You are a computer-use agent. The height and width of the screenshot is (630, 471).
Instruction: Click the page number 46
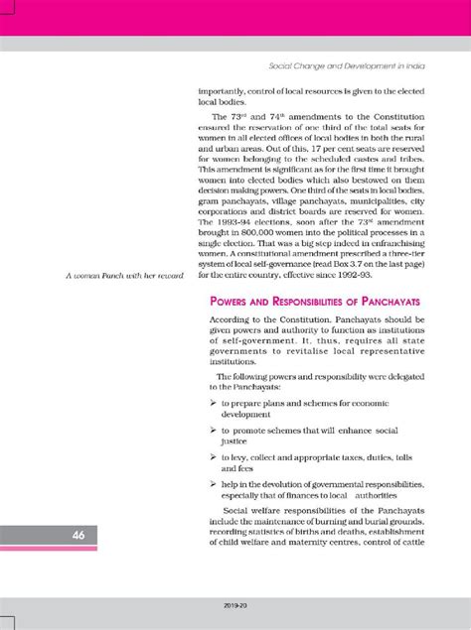tap(50, 536)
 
